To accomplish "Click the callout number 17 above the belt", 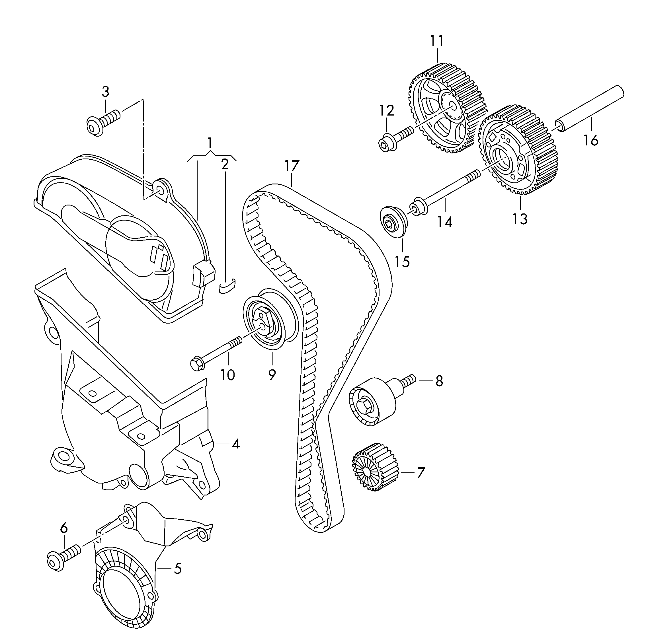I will coord(292,166).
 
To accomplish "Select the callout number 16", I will coord(591,140).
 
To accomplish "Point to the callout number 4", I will coord(236,444).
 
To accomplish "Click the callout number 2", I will coord(225,164).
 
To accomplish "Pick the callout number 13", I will coord(520,219).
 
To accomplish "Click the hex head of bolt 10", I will coord(197,364).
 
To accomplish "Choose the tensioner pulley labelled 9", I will coord(269,323).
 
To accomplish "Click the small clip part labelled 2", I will coord(227,286).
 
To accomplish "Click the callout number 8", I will coord(439,381).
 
